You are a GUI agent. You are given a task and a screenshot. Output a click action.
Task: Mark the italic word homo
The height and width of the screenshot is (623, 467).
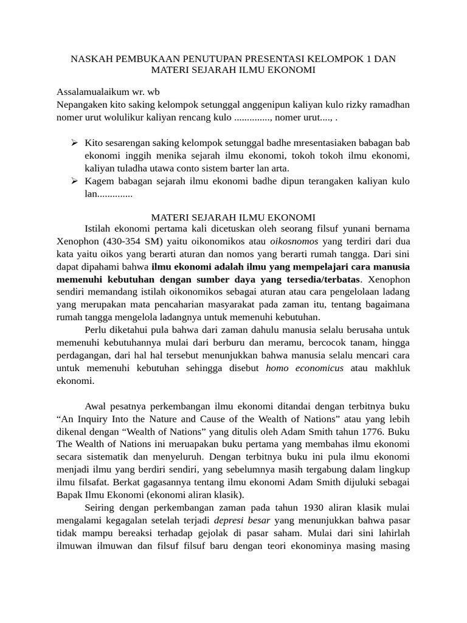pyautogui.click(x=278, y=368)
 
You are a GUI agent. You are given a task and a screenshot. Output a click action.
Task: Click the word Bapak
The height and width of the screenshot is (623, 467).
pyautogui.click(x=70, y=495)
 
